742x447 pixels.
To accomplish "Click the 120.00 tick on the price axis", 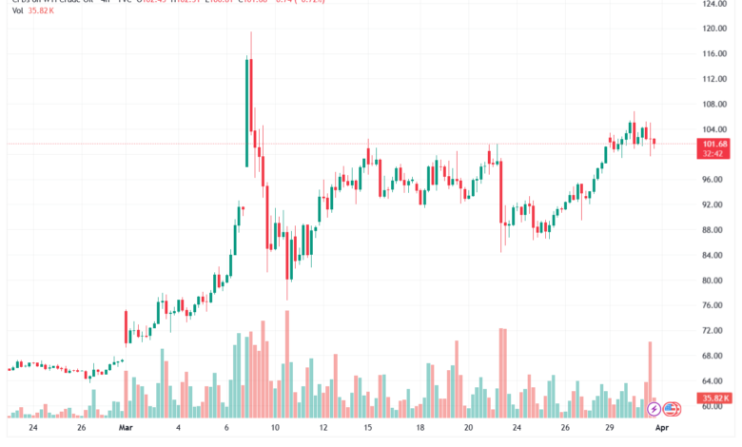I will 714,29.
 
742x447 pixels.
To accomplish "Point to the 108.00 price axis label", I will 714,105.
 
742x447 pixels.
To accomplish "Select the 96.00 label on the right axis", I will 714,180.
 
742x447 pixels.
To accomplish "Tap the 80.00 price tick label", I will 714,281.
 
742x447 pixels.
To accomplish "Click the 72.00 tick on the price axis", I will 714,331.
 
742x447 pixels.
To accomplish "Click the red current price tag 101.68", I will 714,144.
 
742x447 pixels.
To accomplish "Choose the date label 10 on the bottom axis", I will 274,428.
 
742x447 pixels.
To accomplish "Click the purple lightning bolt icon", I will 654,409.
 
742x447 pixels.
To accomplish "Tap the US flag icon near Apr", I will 672,409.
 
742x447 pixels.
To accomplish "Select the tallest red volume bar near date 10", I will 287,366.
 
